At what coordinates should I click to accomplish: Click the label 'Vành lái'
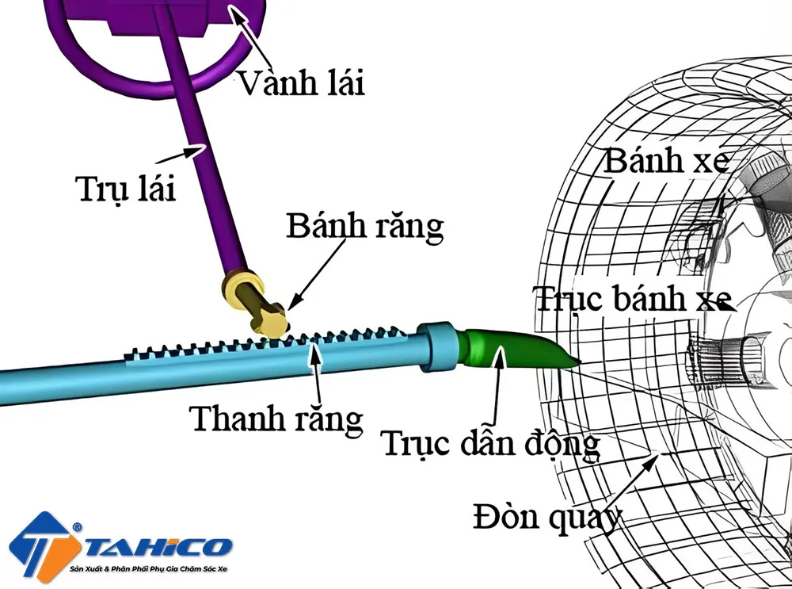[302, 81]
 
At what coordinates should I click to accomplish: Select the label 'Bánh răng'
[365, 227]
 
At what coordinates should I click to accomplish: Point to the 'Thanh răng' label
[277, 419]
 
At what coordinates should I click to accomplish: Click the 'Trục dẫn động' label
[490, 444]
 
